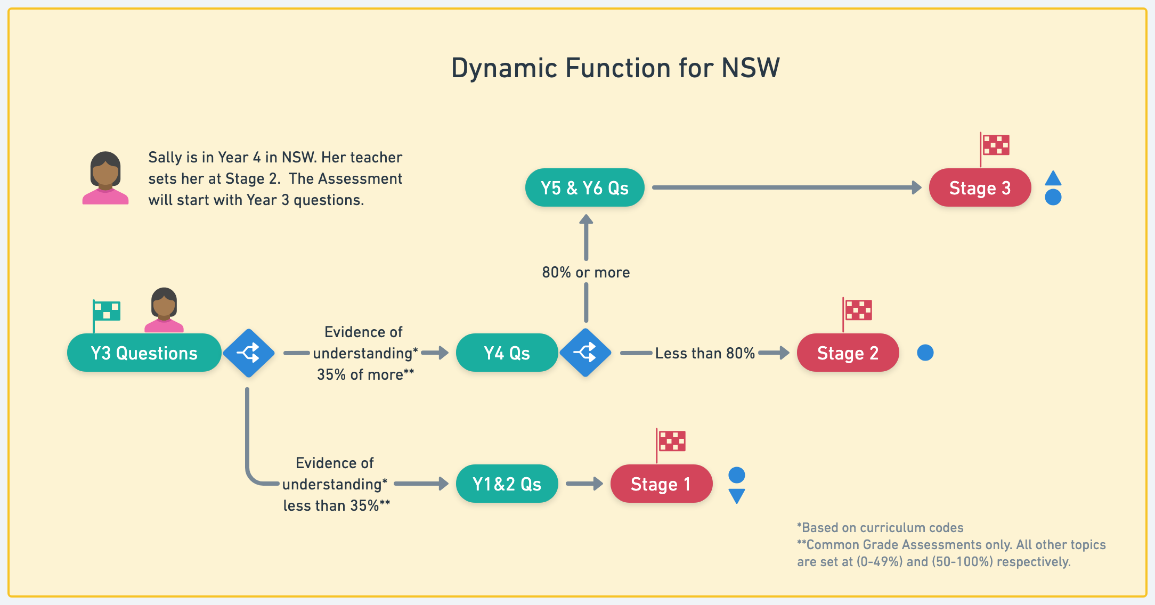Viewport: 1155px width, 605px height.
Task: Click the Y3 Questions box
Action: point(144,353)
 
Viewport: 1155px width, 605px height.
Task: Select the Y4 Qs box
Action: point(507,353)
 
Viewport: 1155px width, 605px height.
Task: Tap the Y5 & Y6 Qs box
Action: point(584,187)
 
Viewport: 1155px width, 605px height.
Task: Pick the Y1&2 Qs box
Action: point(507,484)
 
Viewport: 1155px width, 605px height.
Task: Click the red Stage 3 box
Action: point(980,187)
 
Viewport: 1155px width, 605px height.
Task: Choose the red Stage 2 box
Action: point(848,353)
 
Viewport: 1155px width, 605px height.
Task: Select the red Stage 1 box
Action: point(661,484)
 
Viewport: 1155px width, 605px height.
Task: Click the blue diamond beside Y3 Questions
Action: point(249,353)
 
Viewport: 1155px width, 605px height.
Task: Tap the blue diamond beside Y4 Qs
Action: point(585,353)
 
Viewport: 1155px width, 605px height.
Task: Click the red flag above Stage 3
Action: point(994,149)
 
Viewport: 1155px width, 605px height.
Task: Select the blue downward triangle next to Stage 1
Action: point(737,495)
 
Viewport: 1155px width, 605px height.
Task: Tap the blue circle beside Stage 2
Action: point(925,353)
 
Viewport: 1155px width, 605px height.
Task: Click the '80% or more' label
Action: point(586,272)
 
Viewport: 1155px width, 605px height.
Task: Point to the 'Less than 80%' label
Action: point(705,353)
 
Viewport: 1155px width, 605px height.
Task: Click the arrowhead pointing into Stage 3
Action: point(917,187)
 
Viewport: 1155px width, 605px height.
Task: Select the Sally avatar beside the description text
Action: point(105,178)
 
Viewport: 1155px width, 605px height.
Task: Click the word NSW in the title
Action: point(751,68)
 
